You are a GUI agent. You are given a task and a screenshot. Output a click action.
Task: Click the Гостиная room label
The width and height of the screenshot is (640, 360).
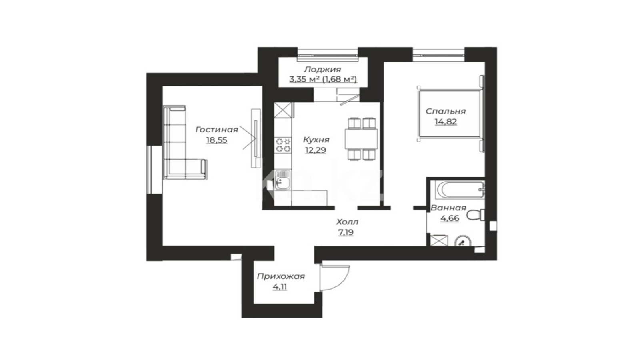[216, 130]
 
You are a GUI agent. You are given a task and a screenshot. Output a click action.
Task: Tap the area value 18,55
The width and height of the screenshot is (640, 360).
[216, 140]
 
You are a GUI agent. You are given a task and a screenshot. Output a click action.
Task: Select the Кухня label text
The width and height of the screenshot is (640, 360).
[316, 140]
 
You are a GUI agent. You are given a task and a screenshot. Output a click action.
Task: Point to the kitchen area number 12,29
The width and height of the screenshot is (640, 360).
[316, 150]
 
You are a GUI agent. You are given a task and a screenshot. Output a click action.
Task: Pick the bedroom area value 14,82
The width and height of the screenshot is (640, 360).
[446, 122]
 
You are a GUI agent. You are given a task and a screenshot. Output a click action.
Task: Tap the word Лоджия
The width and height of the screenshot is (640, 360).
[322, 70]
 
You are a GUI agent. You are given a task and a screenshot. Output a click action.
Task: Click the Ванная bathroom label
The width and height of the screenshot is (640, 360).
[448, 208]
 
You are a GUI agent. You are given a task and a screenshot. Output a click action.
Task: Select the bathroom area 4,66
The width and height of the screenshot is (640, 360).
[450, 218]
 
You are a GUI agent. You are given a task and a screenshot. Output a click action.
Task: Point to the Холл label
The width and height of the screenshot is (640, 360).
[347, 222]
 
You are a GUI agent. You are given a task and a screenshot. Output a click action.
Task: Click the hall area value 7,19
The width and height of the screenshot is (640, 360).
[346, 232]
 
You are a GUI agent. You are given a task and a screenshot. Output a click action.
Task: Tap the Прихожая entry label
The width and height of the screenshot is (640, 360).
[281, 276]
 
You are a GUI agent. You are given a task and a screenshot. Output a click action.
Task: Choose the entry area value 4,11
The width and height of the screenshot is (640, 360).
[280, 287]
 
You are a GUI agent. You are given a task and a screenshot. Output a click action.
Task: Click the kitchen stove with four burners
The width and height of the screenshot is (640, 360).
[283, 145]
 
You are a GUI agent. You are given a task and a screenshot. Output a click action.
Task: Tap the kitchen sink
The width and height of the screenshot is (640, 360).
[282, 180]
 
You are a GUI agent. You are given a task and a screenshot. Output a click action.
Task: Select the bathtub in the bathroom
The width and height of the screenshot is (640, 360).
[460, 190]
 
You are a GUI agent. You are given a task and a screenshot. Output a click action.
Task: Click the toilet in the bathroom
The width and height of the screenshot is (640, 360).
[476, 215]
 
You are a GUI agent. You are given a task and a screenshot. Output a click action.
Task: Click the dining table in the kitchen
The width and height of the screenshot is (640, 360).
[361, 139]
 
